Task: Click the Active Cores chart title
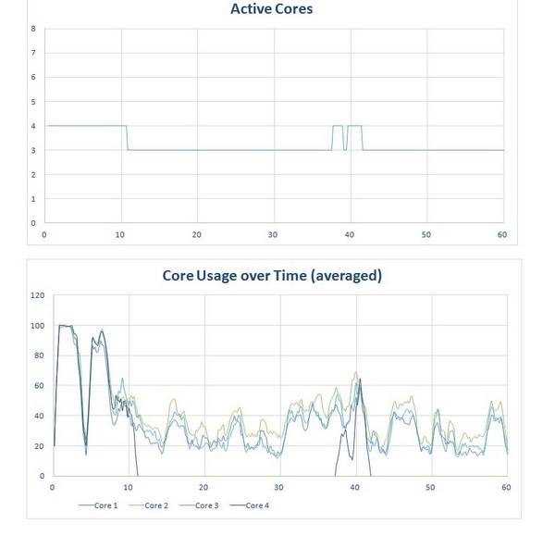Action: (271, 9)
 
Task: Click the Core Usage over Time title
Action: (272, 276)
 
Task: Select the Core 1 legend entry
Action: (98, 505)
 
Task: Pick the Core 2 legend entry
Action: (149, 505)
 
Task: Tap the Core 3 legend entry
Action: (199, 505)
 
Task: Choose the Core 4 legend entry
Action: (250, 505)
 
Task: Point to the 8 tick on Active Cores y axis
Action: (33, 29)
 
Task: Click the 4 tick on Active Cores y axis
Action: (33, 126)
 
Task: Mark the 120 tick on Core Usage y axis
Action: (38, 295)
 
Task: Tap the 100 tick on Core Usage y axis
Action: (38, 326)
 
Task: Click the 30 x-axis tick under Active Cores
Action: (273, 234)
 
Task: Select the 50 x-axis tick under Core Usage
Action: (430, 488)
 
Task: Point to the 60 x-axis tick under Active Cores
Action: (502, 234)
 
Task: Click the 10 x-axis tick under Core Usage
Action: (128, 488)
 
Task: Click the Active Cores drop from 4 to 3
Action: (127, 138)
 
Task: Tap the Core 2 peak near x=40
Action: (356, 372)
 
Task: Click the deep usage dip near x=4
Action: (86, 453)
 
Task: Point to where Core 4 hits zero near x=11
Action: (138, 476)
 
